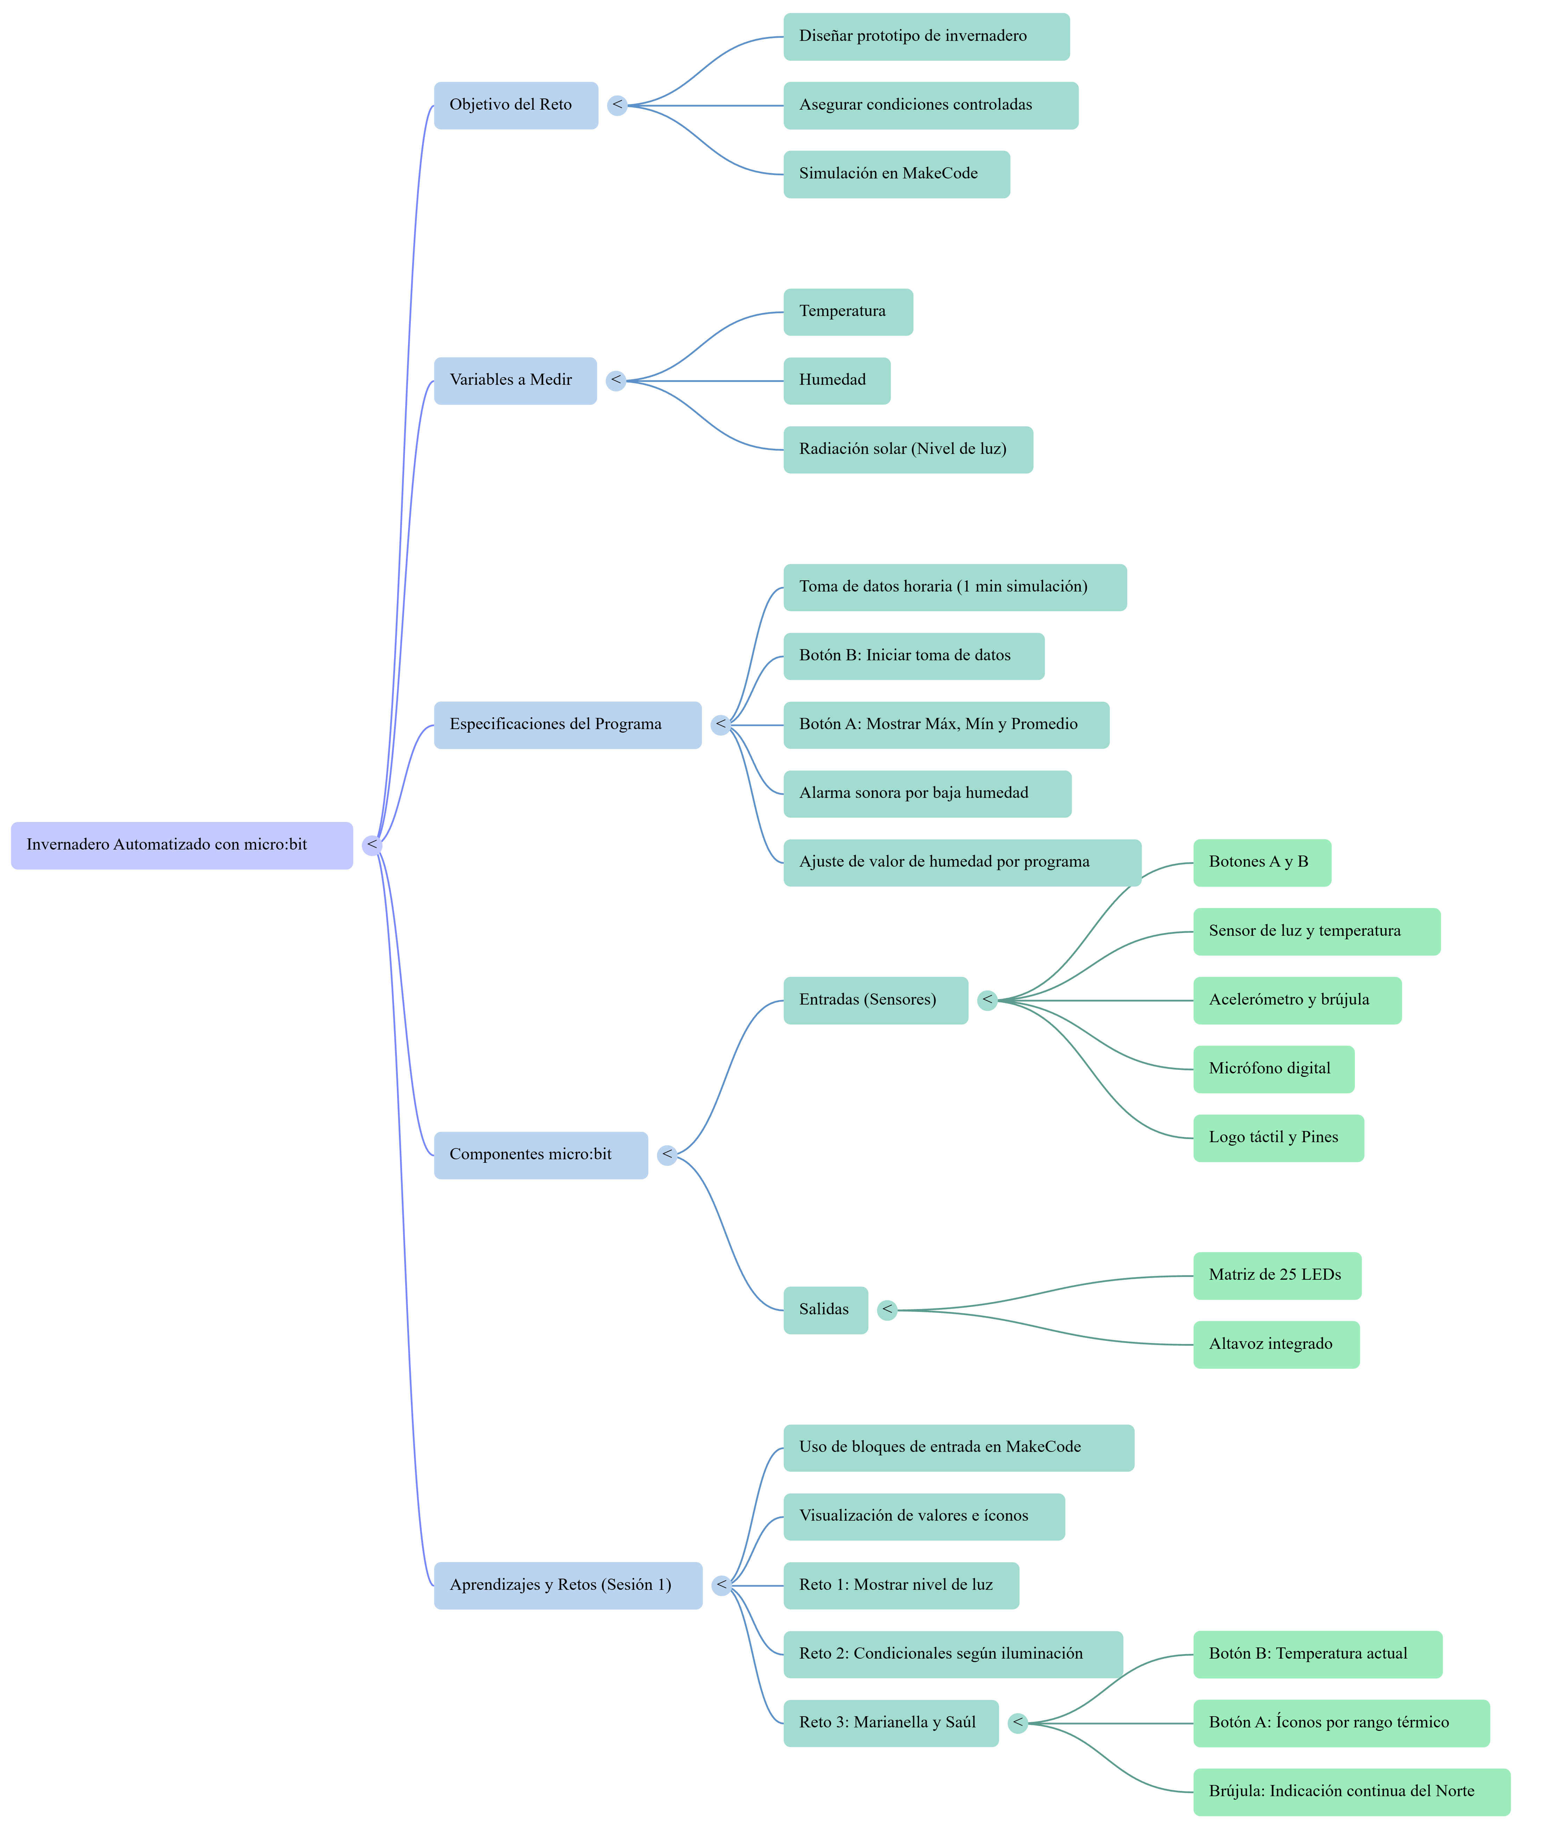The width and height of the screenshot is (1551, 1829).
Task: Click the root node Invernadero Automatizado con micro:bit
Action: coord(182,845)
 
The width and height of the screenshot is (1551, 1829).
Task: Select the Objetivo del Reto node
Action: coord(516,105)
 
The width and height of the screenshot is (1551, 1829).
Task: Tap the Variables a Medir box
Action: coord(515,381)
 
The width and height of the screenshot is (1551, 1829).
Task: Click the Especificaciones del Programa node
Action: coord(568,725)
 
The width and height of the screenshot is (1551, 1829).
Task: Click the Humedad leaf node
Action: coord(837,381)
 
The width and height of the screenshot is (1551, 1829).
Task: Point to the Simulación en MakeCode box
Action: coord(897,174)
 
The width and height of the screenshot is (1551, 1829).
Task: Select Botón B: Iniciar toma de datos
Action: coord(915,656)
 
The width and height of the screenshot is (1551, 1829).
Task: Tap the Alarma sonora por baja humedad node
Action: coord(927,794)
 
